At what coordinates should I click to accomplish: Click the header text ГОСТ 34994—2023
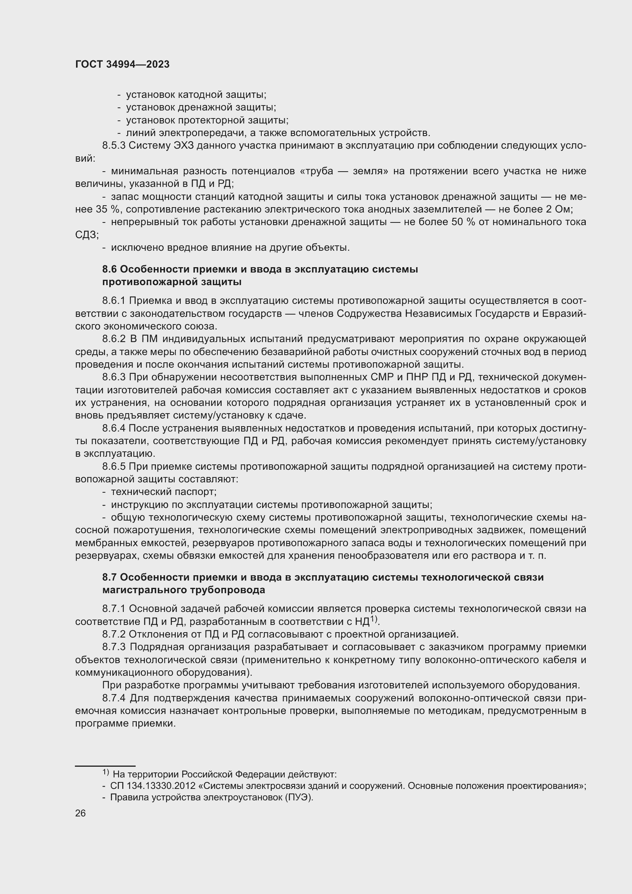pyautogui.click(x=122, y=65)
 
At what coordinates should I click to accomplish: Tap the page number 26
pyautogui.click(x=80, y=813)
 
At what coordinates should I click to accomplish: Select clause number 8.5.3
pyautogui.click(x=113, y=146)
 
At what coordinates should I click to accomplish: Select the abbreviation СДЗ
pyautogui.click(x=86, y=235)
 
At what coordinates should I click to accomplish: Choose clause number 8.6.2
pyautogui.click(x=113, y=339)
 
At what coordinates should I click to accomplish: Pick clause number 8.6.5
pyautogui.click(x=113, y=466)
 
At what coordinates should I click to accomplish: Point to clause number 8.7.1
pyautogui.click(x=113, y=608)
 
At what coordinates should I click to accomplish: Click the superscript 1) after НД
pyautogui.click(x=374, y=619)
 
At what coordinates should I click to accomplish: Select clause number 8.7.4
pyautogui.click(x=113, y=698)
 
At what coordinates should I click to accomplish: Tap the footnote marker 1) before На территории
pyautogui.click(x=105, y=772)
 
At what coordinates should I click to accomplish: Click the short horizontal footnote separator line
pyautogui.click(x=105, y=766)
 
